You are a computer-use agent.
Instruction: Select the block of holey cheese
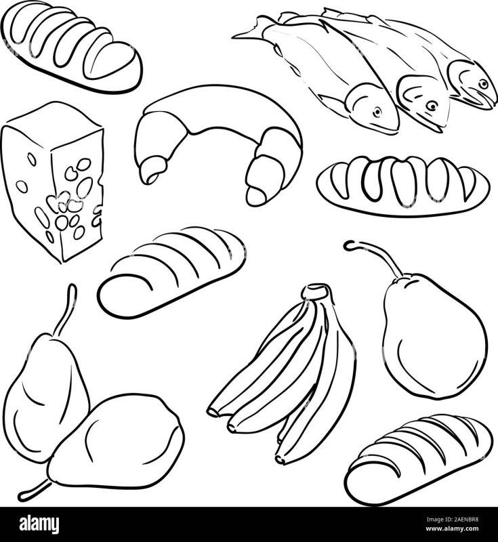point(54,182)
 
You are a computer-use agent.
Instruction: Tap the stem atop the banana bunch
point(315,292)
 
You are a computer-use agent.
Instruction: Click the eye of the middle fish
point(431,106)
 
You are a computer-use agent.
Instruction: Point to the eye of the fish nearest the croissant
point(377,111)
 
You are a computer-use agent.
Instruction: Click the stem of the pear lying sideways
point(35,490)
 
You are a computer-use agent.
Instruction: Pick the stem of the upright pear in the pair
point(66,310)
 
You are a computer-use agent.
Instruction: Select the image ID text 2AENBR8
point(453,519)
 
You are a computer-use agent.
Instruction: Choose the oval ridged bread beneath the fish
point(403,186)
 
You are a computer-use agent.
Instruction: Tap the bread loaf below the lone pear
point(419,459)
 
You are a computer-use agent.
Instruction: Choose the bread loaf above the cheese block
point(72,47)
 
